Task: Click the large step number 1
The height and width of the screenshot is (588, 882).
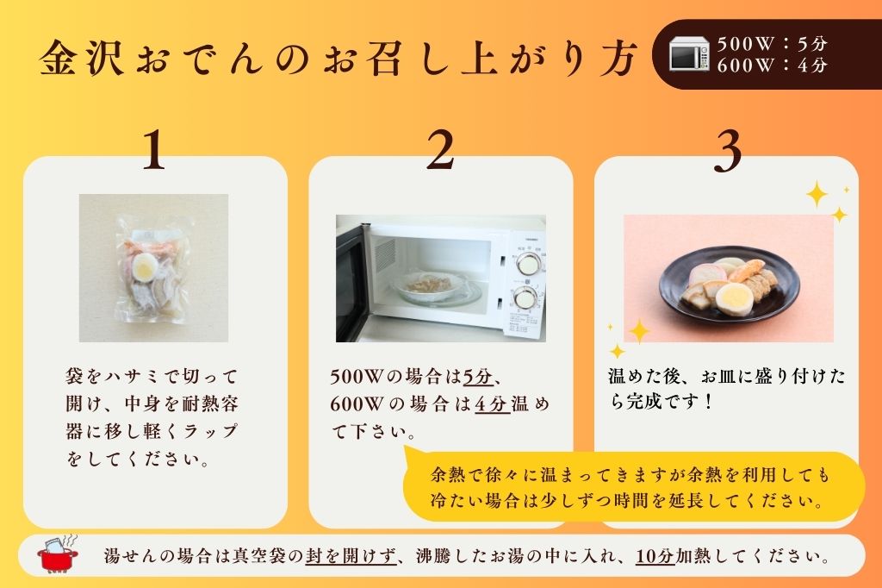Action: coord(153,152)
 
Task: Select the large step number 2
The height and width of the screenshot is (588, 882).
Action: coord(439,152)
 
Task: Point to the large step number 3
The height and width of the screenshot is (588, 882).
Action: coord(728,152)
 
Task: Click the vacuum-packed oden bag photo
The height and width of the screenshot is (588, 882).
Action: coord(153,267)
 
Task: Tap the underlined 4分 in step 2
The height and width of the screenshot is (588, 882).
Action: coord(493,403)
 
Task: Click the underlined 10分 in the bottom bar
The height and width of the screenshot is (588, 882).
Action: coord(655,556)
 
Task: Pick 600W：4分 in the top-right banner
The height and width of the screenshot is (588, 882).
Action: coord(771,65)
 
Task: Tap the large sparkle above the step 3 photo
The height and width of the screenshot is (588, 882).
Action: coord(817,194)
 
